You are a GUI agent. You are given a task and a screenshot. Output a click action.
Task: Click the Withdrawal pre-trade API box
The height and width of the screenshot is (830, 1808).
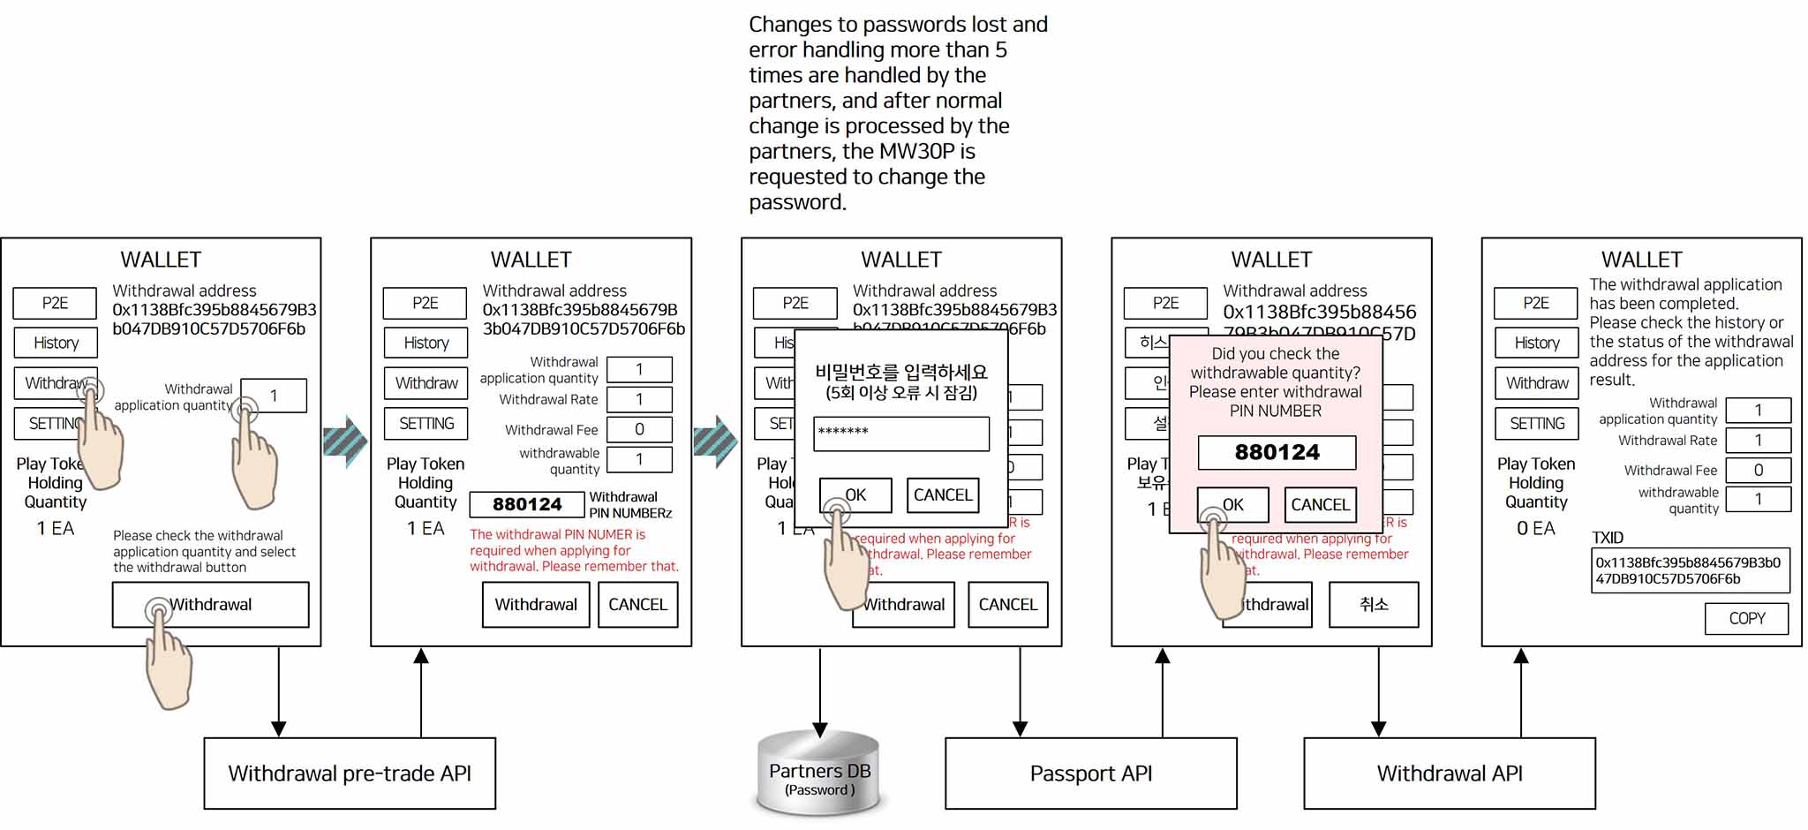pos(350,773)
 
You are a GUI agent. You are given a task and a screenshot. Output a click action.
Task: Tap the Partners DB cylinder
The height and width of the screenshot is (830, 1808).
pos(819,774)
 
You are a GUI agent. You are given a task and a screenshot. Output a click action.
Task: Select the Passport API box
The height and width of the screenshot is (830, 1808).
pos(1090,773)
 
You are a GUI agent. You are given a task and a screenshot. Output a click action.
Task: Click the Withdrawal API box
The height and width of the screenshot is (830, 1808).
pos(1449,773)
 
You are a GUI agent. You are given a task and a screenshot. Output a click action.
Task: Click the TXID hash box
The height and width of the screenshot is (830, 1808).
pos(1690,570)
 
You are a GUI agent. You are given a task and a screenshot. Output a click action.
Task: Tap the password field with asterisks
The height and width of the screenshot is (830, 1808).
pos(900,434)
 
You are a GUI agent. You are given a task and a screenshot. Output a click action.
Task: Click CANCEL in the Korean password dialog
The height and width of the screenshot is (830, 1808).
pos(943,495)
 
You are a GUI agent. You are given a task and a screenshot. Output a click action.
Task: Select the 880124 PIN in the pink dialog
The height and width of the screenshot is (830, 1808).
pos(1277,453)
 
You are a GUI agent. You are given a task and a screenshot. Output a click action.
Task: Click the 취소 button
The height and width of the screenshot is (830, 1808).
pos(1374,605)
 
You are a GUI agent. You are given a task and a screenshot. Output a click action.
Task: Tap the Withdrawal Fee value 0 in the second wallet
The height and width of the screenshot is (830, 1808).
pos(639,429)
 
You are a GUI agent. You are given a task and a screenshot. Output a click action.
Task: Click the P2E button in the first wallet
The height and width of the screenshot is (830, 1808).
pos(55,303)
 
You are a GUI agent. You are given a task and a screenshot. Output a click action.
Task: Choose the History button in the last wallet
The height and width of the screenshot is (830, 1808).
pos(1536,343)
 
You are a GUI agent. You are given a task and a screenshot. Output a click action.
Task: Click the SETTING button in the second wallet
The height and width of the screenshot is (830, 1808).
pos(426,424)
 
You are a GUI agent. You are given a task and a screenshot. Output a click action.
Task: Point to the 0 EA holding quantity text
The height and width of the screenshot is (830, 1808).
pos(1536,528)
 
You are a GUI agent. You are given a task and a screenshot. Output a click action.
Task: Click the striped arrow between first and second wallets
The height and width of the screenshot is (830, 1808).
pos(345,441)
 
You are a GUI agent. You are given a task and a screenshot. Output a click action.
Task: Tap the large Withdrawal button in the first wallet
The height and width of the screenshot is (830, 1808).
pos(210,605)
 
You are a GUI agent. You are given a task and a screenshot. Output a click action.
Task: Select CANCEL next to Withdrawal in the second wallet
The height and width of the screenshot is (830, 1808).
pos(637,605)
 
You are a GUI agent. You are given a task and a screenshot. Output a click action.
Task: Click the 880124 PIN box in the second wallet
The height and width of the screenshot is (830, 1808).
pos(527,504)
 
